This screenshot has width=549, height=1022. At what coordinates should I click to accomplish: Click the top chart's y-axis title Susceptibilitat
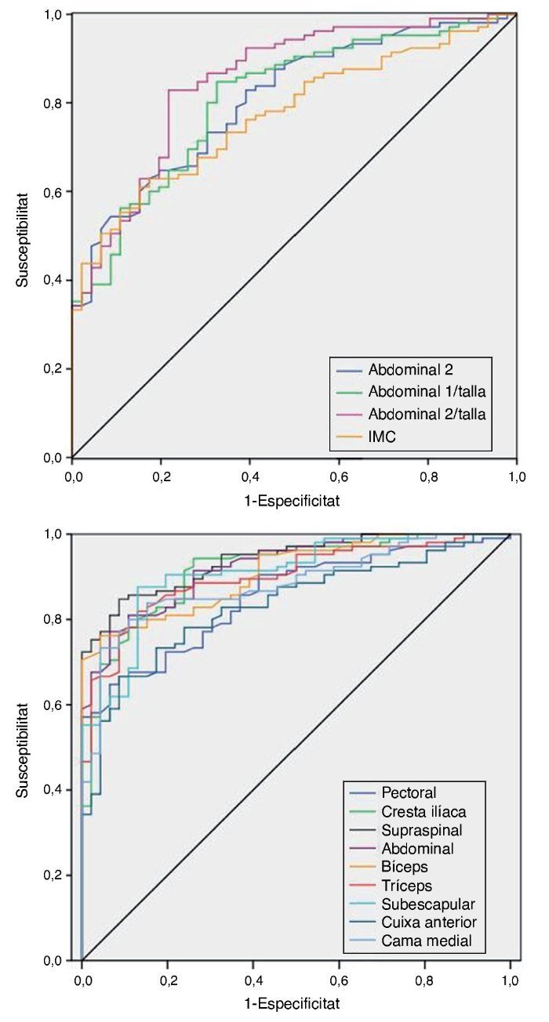tap(24, 234)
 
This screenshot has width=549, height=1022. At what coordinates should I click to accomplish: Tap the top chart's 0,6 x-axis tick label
tap(339, 474)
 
